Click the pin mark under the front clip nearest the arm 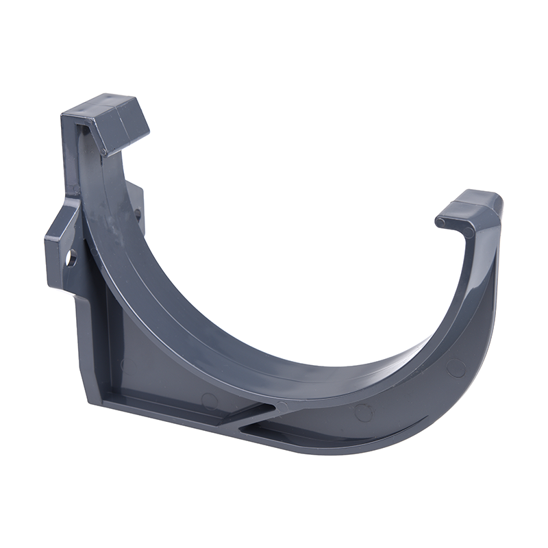tap(467, 232)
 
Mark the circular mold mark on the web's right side tap(456, 368)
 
